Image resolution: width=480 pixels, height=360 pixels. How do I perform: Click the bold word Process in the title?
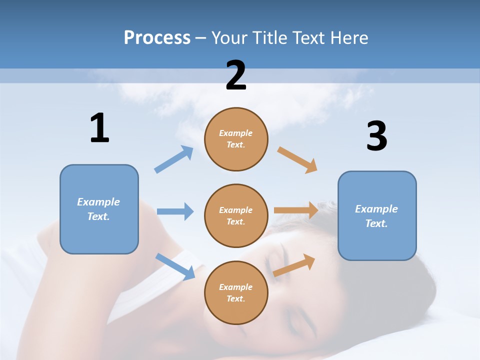click(157, 38)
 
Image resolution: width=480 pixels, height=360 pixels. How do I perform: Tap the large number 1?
click(99, 128)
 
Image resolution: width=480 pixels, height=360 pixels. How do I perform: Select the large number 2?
click(236, 75)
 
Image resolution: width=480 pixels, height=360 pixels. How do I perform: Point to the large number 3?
click(376, 137)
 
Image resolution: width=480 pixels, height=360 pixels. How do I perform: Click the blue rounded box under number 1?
click(99, 209)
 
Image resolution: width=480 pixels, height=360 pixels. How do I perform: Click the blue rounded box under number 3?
click(377, 215)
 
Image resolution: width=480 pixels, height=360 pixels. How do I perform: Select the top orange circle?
click(236, 139)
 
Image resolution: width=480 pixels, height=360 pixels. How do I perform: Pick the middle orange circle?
click(236, 215)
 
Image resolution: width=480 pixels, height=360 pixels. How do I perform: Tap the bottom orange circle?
click(236, 292)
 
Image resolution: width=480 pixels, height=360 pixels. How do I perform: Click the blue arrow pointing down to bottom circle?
click(175, 266)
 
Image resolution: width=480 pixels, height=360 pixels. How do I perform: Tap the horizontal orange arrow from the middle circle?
click(296, 210)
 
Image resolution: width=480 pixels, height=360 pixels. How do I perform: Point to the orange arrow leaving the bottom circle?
click(294, 265)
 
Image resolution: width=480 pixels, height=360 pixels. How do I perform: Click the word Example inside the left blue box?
click(98, 202)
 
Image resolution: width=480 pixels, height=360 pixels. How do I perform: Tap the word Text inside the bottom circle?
click(235, 298)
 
